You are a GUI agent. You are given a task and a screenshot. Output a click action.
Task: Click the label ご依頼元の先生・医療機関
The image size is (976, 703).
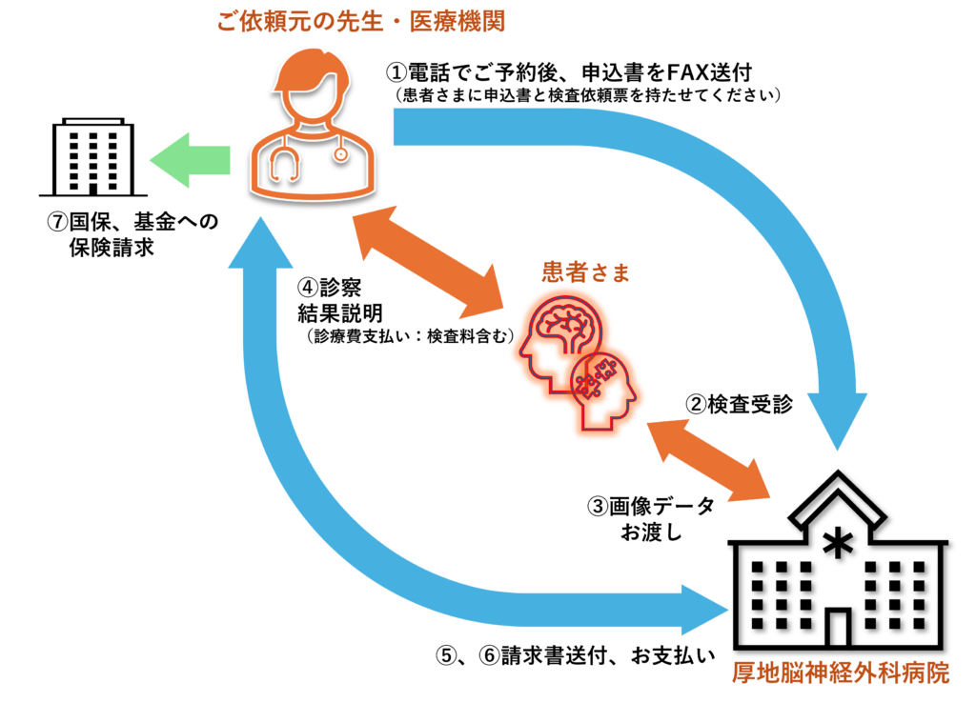point(360,21)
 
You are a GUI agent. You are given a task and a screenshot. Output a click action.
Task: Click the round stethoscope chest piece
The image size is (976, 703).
point(340,153)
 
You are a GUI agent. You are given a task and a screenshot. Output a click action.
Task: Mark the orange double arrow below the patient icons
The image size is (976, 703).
point(708,460)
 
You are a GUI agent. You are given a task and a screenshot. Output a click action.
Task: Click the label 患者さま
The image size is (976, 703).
point(586,272)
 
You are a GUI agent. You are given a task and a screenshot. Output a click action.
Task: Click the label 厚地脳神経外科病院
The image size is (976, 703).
point(841,673)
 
